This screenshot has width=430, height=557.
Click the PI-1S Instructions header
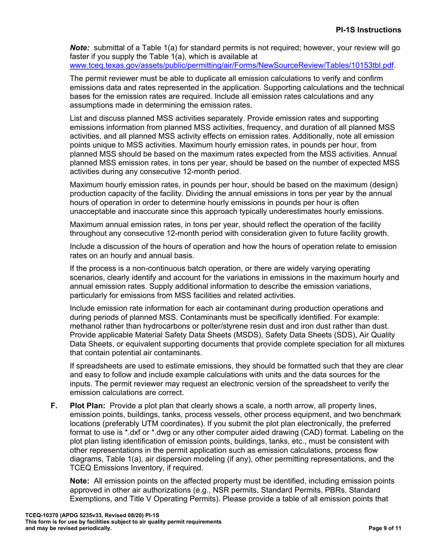point(368,30)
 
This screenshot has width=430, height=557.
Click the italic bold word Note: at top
point(80,48)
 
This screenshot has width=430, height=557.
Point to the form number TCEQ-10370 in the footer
point(41,515)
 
